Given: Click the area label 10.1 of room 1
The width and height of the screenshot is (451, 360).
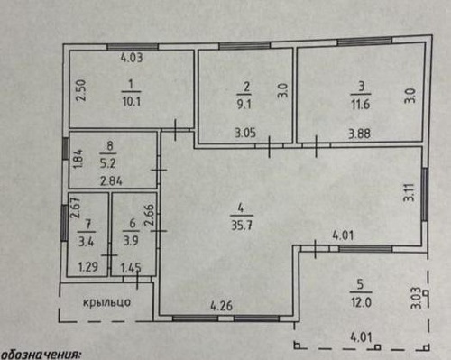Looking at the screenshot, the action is click(x=132, y=102).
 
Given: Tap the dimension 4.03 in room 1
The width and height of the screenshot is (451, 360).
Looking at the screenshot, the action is click(x=132, y=58).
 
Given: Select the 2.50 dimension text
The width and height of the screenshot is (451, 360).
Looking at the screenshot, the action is click(x=81, y=90).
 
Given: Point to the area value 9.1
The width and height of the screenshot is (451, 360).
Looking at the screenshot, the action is click(x=244, y=104).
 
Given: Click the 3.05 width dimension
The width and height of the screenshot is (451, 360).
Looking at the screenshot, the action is click(x=245, y=133).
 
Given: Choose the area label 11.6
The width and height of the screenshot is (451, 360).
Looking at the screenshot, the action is click(x=360, y=105).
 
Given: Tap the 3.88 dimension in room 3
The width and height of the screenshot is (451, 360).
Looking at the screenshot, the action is click(x=359, y=134).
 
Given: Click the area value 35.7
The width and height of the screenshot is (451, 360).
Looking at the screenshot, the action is click(x=242, y=225).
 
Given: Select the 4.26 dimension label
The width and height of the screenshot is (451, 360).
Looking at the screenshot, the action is click(x=222, y=306).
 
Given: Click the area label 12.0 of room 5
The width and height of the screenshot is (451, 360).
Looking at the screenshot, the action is click(x=361, y=302).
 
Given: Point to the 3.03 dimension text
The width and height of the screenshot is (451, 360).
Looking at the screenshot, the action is click(x=416, y=298).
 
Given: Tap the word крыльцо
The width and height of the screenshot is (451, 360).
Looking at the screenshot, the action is click(x=106, y=302).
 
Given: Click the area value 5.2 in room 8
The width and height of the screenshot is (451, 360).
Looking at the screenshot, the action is click(x=108, y=163).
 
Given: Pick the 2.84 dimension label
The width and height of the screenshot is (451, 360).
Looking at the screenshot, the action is click(x=111, y=181).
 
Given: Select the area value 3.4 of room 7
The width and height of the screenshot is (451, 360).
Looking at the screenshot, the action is click(x=87, y=242).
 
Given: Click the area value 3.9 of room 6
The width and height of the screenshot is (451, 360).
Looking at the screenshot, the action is click(x=131, y=241).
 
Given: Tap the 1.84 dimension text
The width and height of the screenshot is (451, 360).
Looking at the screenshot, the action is click(x=78, y=160).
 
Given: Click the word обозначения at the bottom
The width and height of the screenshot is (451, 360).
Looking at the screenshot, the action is click(x=41, y=355).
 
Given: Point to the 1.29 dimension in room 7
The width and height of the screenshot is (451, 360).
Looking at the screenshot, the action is click(x=87, y=267).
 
